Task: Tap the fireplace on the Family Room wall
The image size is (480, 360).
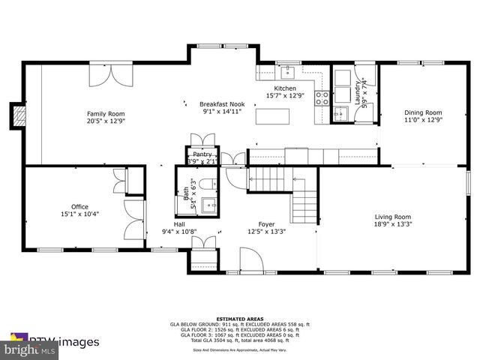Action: click(x=19, y=115)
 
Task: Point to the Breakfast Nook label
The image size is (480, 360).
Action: click(x=221, y=104)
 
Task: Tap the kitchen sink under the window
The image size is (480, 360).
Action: click(x=286, y=73)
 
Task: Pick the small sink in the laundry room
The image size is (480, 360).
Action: click(x=340, y=113)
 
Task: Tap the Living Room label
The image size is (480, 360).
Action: click(x=393, y=217)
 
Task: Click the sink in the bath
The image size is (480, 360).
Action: click(x=213, y=204)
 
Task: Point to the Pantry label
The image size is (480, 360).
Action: click(x=201, y=154)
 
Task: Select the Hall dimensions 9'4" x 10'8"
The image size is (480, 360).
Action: click(x=179, y=232)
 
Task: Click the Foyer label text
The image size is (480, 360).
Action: click(x=266, y=223)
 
